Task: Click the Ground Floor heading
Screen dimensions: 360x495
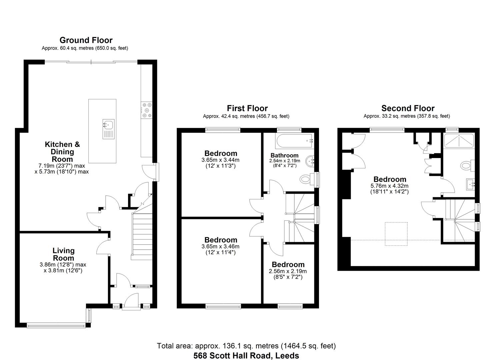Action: [86, 40]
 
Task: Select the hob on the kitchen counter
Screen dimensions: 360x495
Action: [147, 110]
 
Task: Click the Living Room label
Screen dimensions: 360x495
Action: [63, 254]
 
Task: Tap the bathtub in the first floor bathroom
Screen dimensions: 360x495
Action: [294, 141]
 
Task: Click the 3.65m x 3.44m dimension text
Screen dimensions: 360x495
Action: [220, 160]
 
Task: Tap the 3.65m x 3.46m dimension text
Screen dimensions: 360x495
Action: [220, 247]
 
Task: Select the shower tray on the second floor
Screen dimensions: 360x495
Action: [459, 141]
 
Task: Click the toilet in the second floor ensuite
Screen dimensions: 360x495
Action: [466, 165]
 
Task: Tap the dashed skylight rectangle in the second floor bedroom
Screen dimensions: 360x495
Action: [396, 234]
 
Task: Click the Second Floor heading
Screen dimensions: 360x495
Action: [408, 108]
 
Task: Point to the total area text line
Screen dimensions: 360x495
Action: [246, 346]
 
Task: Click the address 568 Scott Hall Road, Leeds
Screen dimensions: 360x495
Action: [246, 356]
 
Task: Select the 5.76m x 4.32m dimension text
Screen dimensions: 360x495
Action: [389, 186]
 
